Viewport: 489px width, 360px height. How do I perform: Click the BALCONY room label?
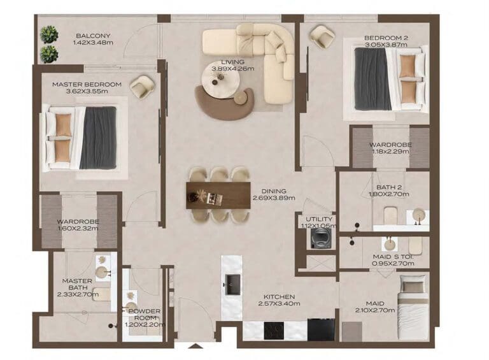point(93,36)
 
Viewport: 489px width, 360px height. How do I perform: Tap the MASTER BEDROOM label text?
point(87,84)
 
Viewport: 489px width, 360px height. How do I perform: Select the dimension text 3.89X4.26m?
point(233,69)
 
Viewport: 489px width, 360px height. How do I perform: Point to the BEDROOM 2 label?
point(386,38)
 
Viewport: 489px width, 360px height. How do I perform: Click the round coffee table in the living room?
point(220,80)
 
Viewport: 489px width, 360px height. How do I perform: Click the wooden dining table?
point(218,195)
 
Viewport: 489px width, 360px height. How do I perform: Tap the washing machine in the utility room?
point(318,238)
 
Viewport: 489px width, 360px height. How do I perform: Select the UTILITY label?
point(318,219)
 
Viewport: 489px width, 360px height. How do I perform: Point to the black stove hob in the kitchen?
point(274,330)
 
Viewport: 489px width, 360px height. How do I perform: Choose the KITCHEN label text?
point(278,297)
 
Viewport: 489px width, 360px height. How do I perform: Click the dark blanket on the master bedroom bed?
point(98,138)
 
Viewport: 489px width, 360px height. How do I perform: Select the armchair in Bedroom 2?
point(322,36)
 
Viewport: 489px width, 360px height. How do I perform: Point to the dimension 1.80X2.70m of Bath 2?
point(388,194)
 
